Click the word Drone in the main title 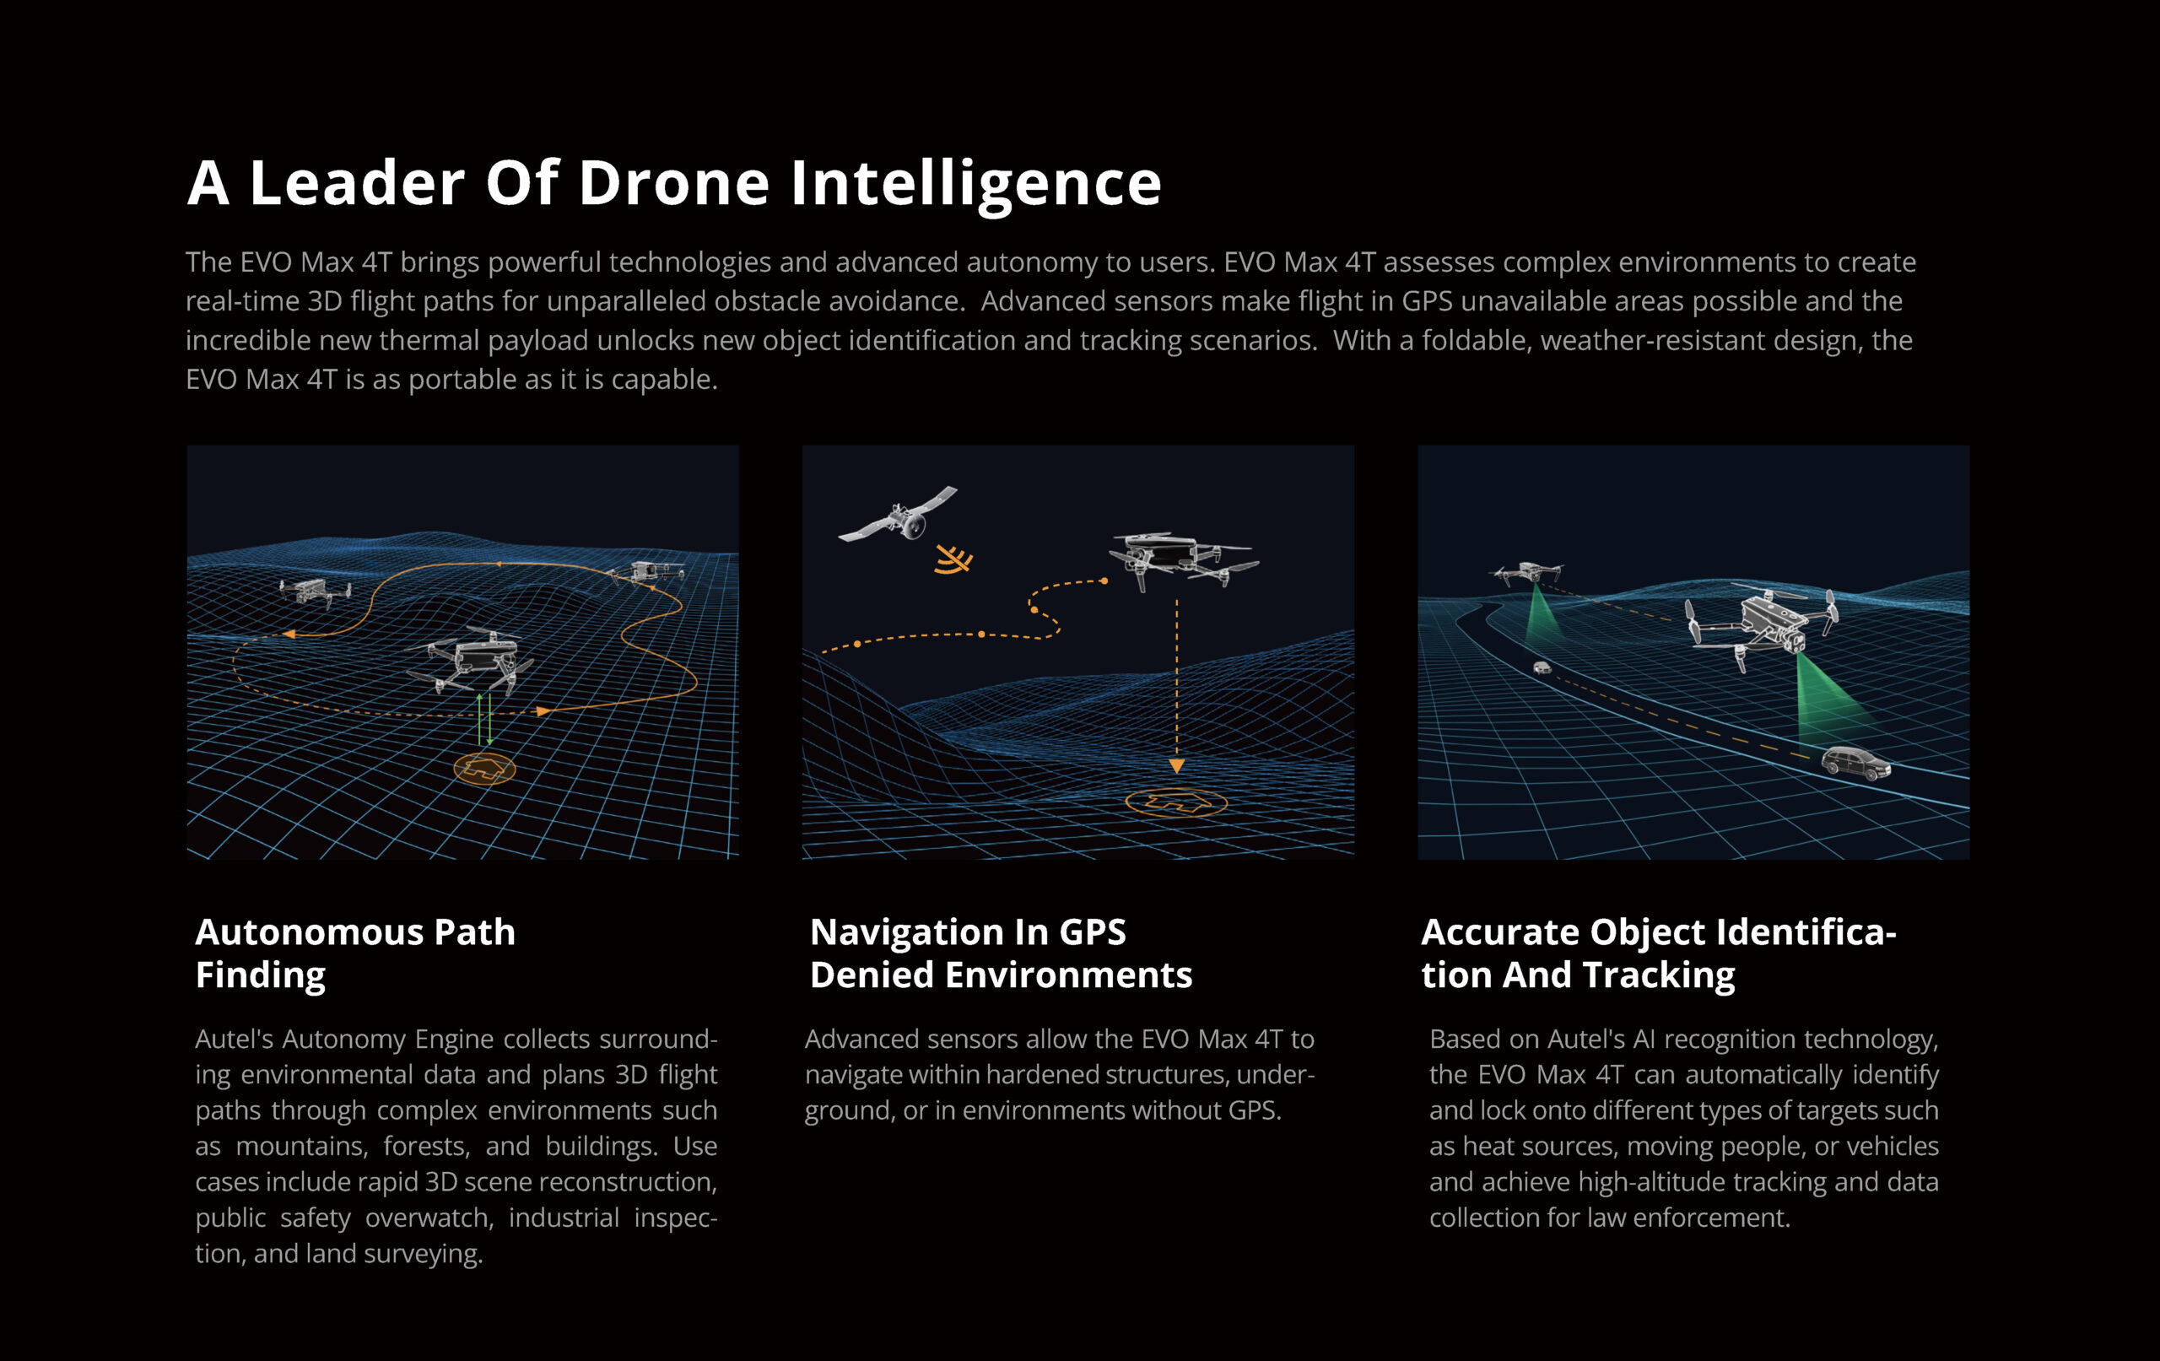[672, 183]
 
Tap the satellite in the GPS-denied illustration [898, 515]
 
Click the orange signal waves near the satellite [953, 559]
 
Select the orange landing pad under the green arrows [484, 769]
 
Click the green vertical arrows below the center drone [484, 720]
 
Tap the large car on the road [1856, 764]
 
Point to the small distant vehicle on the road [1542, 667]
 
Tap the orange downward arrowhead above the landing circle [1177, 766]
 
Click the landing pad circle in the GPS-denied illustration [1176, 802]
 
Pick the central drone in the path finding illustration [471, 661]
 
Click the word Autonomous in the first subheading [310, 932]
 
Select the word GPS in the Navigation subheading [1093, 932]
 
